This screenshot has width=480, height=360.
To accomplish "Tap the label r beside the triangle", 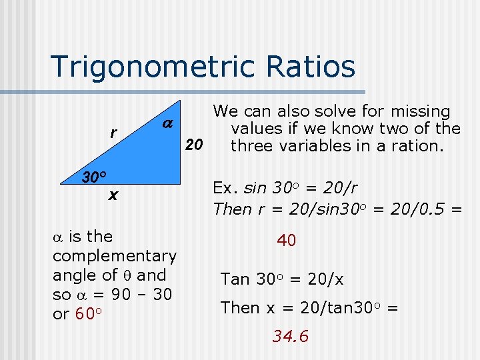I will pos(113,133).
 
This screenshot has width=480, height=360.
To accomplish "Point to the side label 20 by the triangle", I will pos(194,145).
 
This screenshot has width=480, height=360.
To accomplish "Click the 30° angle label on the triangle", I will pos(95,177).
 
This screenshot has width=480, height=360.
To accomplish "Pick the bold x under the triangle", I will pos(113,195).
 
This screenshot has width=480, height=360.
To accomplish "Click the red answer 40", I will pos(286,241).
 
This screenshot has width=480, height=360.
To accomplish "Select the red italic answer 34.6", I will pos(290,337).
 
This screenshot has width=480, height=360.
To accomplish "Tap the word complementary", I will pos(114,256).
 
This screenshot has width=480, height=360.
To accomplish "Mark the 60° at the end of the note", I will pos(87,313).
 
